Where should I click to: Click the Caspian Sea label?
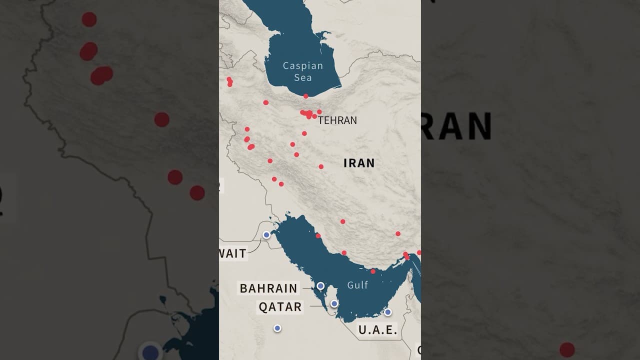pos(303,71)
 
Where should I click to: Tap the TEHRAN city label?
pos(337,120)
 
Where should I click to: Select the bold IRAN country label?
pos(359,163)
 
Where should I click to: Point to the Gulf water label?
pos(357,285)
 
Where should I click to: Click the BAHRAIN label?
pos(268,288)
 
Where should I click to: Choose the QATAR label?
pos(280,307)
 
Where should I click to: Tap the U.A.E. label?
pos(377,330)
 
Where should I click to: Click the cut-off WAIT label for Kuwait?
pos(232,253)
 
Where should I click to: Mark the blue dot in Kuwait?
pos(266,234)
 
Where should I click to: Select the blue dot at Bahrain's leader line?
pos(320,286)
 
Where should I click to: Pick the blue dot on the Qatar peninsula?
pos(334,303)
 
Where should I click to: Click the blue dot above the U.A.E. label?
pos(387,312)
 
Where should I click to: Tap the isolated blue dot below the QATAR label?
pos(277,328)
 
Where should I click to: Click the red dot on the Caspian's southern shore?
pos(305,96)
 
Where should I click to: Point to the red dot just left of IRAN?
pos(321,166)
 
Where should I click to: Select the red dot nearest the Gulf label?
pos(373,271)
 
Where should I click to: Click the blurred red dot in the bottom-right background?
pos(567,349)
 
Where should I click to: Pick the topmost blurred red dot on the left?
pos(89,19)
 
